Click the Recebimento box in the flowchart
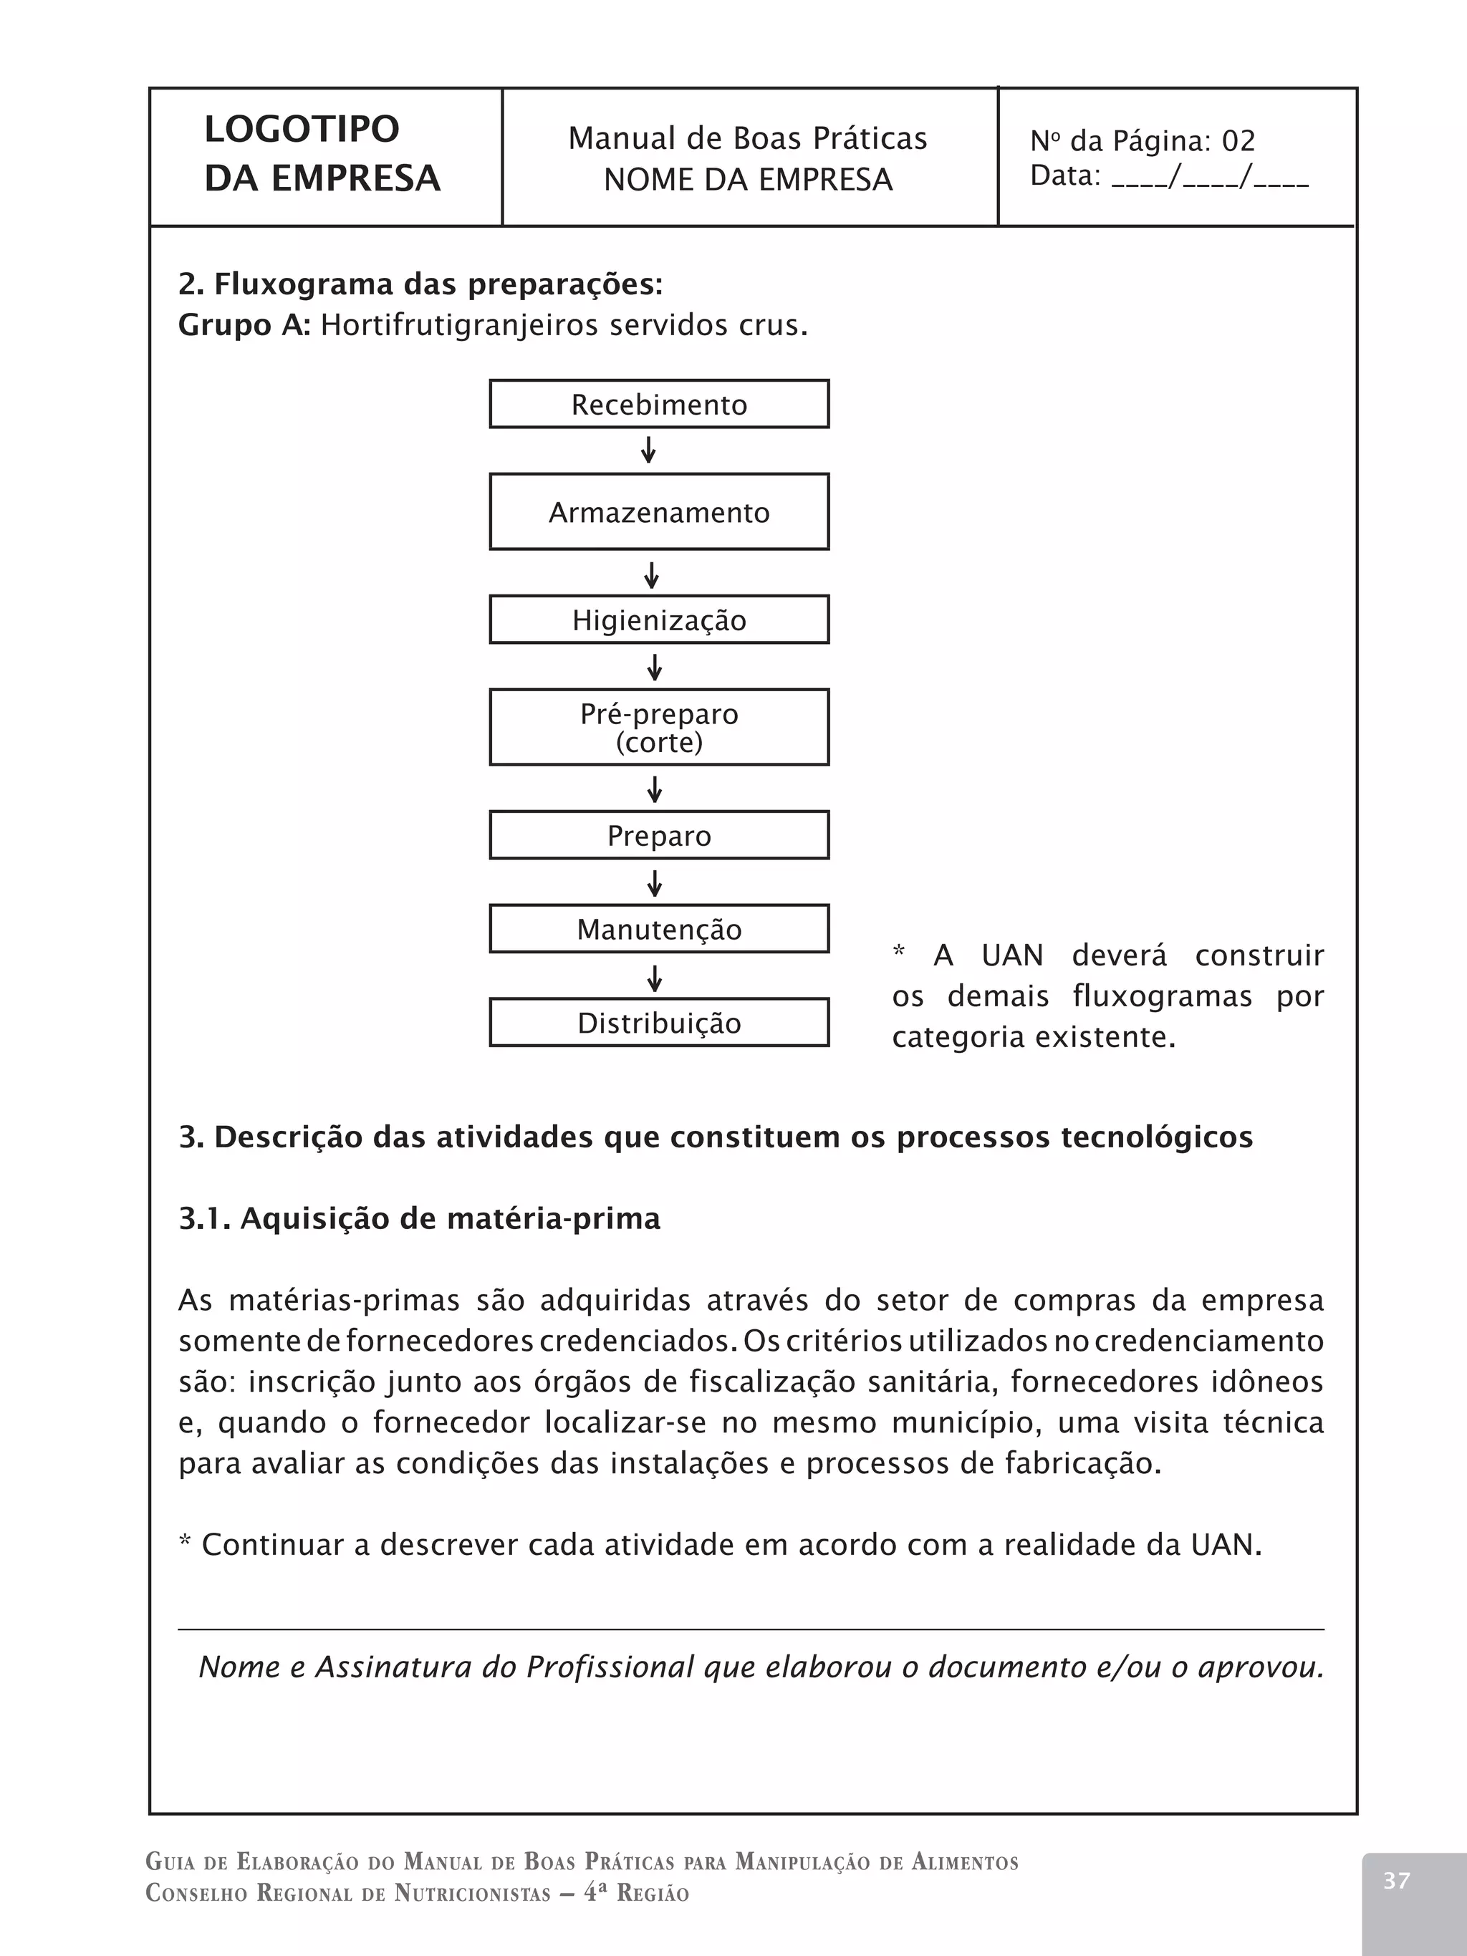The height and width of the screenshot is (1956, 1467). pos(659,404)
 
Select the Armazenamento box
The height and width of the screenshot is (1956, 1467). pos(659,512)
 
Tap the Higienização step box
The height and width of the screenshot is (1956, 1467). pos(659,620)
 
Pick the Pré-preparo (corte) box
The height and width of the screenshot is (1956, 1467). pos(659,727)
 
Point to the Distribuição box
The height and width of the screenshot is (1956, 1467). pos(659,1022)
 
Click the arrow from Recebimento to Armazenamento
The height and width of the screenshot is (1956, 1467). pos(648,450)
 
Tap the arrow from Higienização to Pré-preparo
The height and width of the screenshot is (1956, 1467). pos(655,667)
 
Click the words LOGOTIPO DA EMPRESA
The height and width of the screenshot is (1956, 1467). pos(322,154)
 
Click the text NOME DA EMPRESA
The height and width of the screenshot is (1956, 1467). pos(748,180)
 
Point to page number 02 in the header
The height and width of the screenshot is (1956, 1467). pos(1238,140)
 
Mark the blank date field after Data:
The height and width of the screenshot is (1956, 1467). pos(1210,177)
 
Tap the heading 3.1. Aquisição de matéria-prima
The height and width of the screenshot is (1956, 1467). pos(419,1218)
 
